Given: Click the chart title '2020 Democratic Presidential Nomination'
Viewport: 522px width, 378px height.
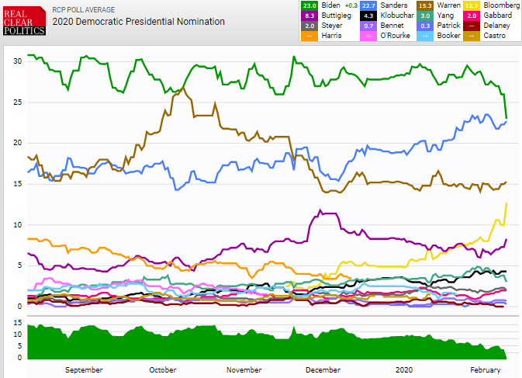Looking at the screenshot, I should click(x=139, y=22).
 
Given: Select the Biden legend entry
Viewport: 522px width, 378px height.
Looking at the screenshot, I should click(x=330, y=5).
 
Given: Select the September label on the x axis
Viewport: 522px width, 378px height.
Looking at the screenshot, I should click(x=84, y=370).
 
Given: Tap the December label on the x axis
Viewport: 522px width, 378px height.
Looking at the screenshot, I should click(x=323, y=370).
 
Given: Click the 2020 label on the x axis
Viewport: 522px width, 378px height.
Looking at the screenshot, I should click(x=404, y=370).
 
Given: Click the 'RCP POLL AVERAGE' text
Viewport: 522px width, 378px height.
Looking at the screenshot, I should click(x=83, y=9).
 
